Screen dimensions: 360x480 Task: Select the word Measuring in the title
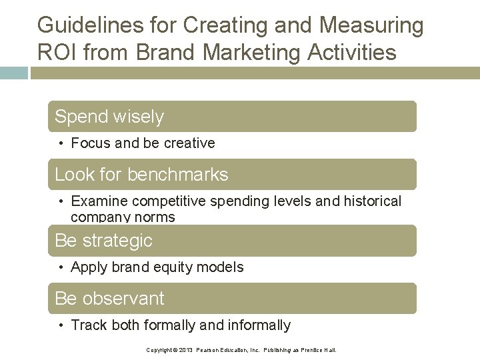pos(371,25)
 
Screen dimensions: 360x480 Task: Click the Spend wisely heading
pos(109,117)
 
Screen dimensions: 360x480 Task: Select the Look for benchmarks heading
pos(141,175)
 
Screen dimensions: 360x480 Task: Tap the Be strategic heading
pos(104,241)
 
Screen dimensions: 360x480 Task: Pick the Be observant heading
pos(109,299)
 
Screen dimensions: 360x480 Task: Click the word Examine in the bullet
pos(99,201)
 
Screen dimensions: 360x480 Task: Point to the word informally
pos(260,325)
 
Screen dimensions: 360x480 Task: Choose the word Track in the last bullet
pos(87,325)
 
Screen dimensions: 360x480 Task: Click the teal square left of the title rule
pos(14,73)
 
